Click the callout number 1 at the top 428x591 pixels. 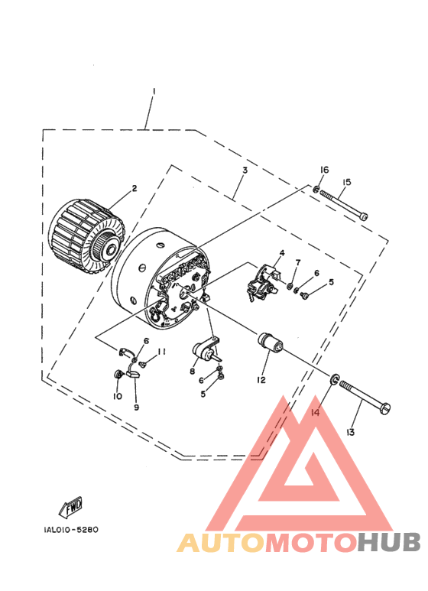(x=154, y=91)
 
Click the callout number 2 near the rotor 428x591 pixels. (x=135, y=188)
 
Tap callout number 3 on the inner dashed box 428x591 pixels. (x=245, y=170)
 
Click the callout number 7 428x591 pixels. (x=298, y=262)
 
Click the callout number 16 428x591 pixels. (x=324, y=170)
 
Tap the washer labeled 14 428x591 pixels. (x=335, y=379)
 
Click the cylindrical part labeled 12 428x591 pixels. (x=270, y=342)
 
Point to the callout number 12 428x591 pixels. (x=261, y=380)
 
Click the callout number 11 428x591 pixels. (x=161, y=352)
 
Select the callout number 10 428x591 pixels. (x=118, y=396)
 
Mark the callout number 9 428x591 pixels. (x=136, y=407)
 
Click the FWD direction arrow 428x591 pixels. (x=71, y=507)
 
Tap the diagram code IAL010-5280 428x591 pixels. (x=71, y=530)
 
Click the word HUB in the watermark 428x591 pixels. (x=389, y=542)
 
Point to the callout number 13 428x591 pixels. (x=350, y=432)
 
